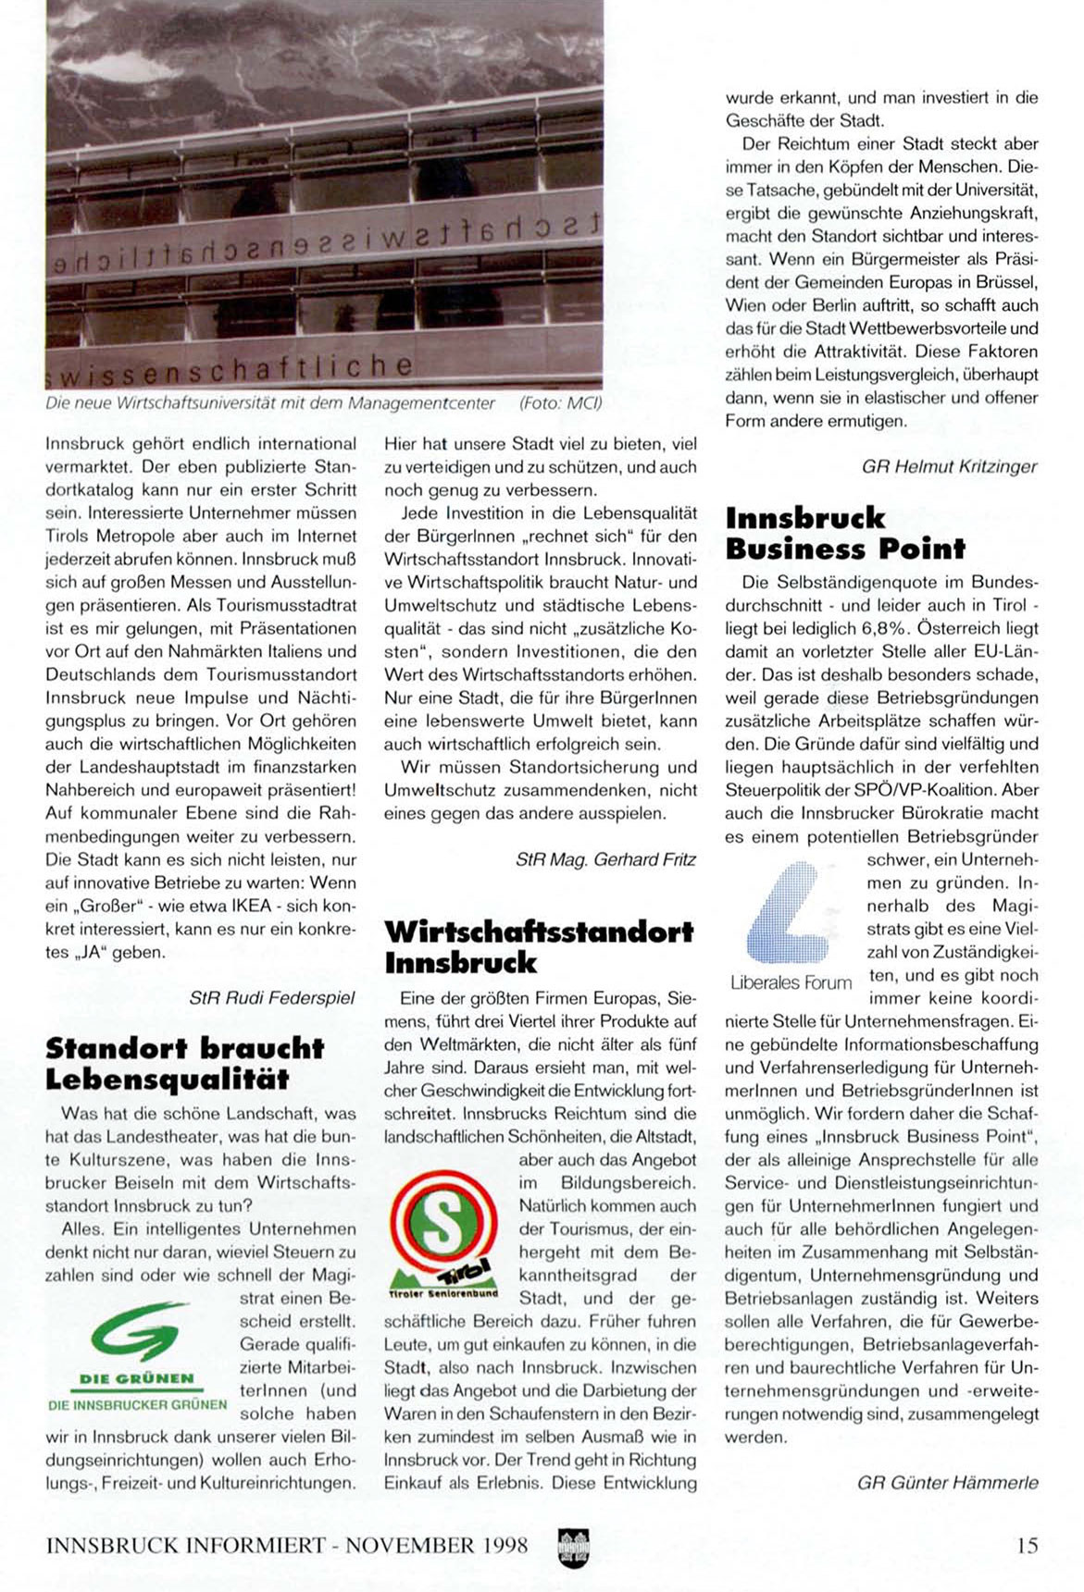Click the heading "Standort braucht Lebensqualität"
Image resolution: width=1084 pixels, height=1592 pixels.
click(x=184, y=1064)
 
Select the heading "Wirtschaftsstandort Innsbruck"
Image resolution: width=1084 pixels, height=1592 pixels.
click(x=538, y=946)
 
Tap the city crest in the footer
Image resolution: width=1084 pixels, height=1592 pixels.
click(x=574, y=1545)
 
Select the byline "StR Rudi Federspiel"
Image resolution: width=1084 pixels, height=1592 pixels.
click(x=272, y=998)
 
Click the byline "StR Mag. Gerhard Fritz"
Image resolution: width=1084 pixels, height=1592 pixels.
click(x=605, y=859)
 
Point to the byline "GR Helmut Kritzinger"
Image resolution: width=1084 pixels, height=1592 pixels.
click(x=949, y=466)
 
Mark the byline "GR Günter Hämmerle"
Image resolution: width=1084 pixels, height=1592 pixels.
click(x=947, y=1483)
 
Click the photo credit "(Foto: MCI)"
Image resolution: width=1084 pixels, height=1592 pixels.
click(x=560, y=403)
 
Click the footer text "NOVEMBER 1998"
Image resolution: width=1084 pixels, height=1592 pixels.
click(x=437, y=1545)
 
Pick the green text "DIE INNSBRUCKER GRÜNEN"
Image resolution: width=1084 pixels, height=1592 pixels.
click(x=137, y=1404)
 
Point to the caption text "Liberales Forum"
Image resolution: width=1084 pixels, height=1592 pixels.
click(x=791, y=982)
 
